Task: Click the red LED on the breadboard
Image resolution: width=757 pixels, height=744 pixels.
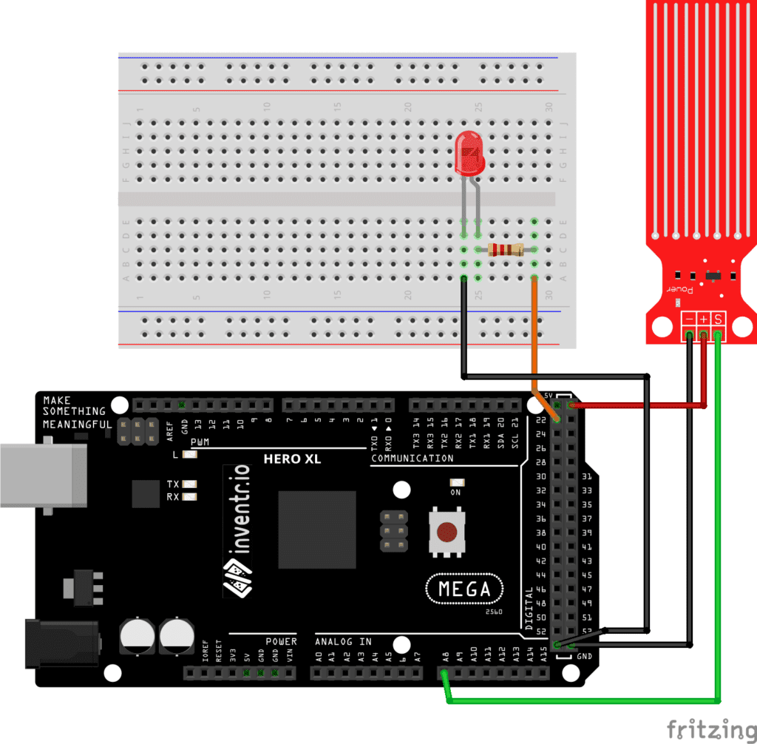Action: tap(469, 153)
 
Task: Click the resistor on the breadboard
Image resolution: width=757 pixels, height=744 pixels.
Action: tap(506, 250)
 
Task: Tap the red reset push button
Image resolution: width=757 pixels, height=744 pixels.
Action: tap(447, 531)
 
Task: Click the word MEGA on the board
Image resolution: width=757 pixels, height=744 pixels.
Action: tap(464, 589)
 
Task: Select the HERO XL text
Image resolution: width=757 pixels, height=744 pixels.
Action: tap(294, 459)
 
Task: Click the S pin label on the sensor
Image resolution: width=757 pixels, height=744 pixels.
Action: tap(718, 319)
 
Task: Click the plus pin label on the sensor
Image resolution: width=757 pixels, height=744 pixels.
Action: tap(703, 319)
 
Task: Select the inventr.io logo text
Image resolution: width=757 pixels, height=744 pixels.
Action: tap(237, 530)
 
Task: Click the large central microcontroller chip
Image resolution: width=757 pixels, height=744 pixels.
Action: tap(317, 529)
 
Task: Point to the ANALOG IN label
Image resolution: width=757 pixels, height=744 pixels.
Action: tap(344, 641)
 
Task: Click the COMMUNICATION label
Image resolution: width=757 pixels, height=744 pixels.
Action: tap(413, 459)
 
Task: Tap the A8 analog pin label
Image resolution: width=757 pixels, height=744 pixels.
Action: tap(445, 655)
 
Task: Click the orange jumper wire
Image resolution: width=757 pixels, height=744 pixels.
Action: tap(534, 333)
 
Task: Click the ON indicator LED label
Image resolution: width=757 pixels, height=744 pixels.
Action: tap(455, 492)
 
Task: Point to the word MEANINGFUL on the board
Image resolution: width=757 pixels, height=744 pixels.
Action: tap(77, 424)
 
